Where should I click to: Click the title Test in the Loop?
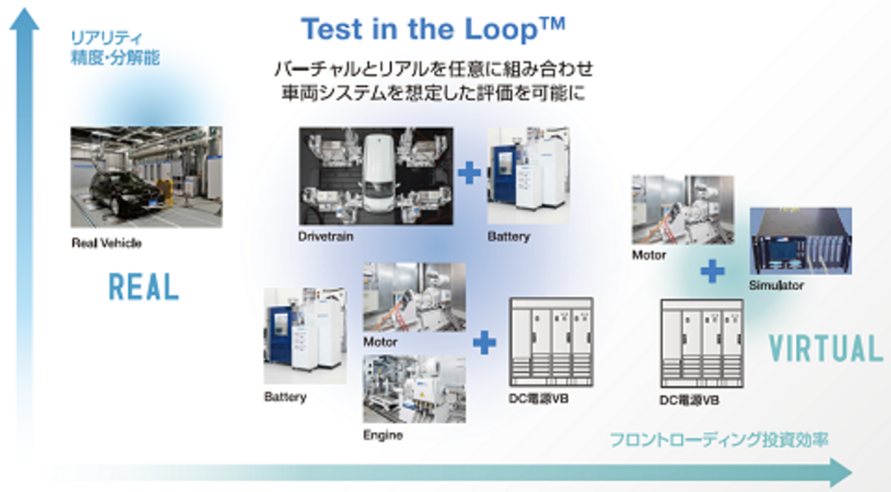(433, 29)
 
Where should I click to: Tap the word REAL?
(143, 286)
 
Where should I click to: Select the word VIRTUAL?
(826, 348)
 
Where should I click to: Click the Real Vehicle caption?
(106, 243)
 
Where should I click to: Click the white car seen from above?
(379, 172)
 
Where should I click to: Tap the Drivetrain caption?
(326, 237)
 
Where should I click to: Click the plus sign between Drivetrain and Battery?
(469, 173)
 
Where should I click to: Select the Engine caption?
(382, 435)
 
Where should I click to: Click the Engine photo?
(414, 389)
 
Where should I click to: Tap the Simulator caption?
(776, 285)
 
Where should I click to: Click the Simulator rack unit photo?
(800, 241)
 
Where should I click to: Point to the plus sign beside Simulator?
(712, 272)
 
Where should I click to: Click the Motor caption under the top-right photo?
(649, 255)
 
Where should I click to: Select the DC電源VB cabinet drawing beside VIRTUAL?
(702, 344)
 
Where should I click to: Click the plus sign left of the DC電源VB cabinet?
(484, 342)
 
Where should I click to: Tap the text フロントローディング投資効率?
(719, 440)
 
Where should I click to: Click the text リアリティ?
(106, 38)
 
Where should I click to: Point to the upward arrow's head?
(25, 19)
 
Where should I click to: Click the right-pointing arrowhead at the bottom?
(841, 473)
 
